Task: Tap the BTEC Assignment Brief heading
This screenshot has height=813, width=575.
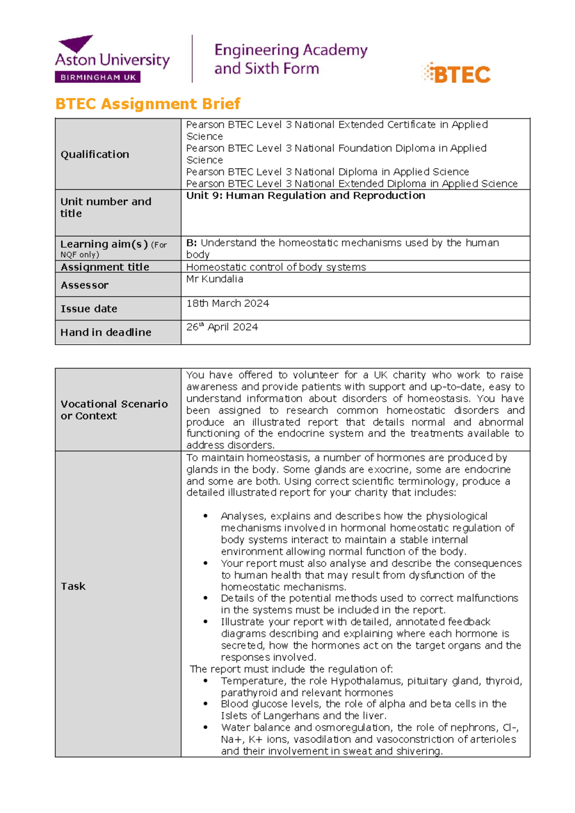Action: tap(148, 104)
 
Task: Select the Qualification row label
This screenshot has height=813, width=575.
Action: tap(95, 154)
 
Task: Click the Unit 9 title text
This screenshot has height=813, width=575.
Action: tap(305, 196)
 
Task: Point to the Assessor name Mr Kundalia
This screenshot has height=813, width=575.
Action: tap(214, 279)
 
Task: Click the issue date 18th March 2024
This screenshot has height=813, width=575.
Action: tap(228, 303)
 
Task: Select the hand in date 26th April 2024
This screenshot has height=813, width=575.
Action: tap(222, 327)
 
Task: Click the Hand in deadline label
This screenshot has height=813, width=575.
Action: tap(105, 332)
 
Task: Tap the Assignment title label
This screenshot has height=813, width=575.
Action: tap(104, 267)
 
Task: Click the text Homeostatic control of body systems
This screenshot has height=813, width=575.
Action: tap(276, 267)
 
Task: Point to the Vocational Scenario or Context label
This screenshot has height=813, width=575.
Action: tap(114, 410)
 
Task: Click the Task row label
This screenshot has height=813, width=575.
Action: tap(73, 586)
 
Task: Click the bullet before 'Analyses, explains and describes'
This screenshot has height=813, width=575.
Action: tap(206, 516)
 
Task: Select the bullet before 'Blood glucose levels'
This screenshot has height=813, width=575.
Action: tap(206, 704)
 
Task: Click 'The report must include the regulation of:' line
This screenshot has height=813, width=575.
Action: tap(291, 669)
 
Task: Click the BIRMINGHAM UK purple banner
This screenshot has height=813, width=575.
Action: tap(98, 77)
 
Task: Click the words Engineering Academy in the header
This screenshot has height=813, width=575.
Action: tap(291, 50)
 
